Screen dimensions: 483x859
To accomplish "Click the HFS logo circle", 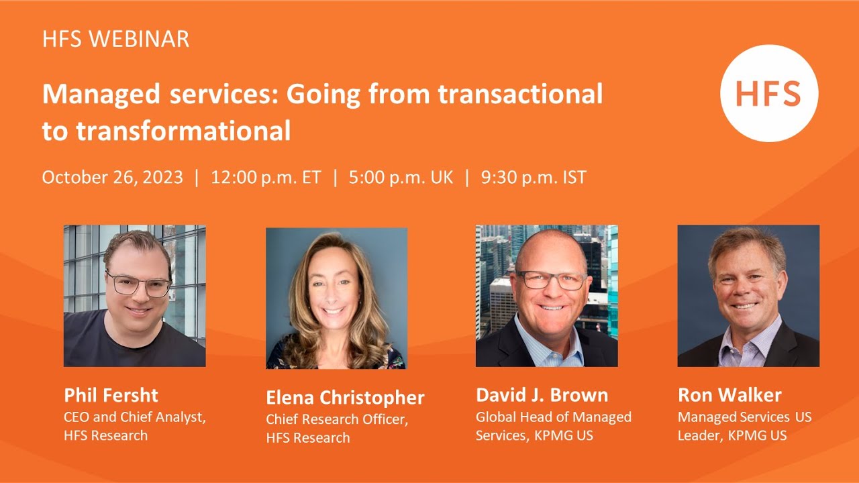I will pos(769,93).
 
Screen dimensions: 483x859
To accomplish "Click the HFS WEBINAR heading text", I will pos(115,39).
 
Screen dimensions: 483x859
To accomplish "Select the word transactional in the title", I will pos(520,95).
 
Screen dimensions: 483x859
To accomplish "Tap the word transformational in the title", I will pos(183,130).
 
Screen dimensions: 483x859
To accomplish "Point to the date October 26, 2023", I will pos(112,177).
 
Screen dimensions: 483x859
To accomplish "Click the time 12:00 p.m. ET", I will pos(266,177).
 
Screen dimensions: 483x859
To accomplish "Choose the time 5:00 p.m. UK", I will pos(401,177).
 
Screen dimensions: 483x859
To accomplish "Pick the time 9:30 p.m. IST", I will pos(534,177).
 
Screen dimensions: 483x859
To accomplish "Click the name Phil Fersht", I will pos(111,394).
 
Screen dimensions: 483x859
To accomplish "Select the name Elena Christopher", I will pos(345,398).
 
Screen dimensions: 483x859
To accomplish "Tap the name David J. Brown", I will pos(542,394).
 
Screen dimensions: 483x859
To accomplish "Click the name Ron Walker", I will pos(729,394).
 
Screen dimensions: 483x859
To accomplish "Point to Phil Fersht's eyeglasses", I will pos(138,284).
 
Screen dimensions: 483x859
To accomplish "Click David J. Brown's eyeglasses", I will pos(551,280).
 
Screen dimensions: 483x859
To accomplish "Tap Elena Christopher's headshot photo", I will pos(336,298).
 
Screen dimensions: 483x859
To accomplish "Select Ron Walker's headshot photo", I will pos(748,295).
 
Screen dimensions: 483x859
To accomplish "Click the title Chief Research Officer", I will pos(337,419).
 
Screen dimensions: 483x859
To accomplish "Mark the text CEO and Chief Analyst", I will pos(134,417).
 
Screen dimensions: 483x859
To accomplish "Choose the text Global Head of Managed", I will pos(554,417).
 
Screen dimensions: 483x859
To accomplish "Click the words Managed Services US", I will pos(744,417).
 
